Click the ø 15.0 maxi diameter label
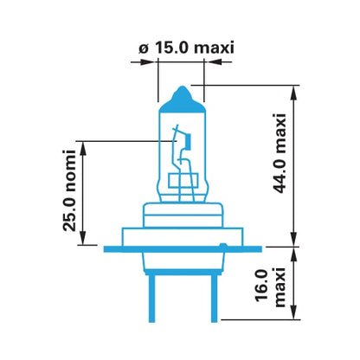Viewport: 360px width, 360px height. click(186, 48)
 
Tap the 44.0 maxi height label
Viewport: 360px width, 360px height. click(280, 153)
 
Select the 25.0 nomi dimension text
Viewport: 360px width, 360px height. click(69, 190)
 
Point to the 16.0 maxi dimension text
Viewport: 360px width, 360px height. click(270, 287)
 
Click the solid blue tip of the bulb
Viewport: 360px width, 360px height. click(182, 100)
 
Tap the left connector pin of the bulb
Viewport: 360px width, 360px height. click(151, 299)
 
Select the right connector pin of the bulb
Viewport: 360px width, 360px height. click(214, 299)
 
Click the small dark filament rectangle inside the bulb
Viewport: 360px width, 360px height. click(189, 141)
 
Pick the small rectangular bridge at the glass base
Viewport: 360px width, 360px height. click(183, 181)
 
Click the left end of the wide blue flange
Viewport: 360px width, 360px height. click(105, 249)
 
